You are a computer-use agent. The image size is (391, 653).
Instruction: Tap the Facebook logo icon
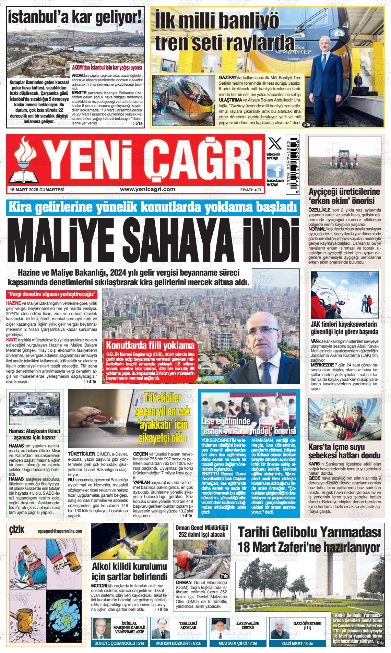[x=275, y=170]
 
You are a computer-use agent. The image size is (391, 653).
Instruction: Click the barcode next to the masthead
[x=293, y=161]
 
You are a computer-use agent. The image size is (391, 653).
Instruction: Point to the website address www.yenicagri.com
[x=148, y=189]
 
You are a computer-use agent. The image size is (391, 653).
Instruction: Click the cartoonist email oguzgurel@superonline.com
[x=60, y=531]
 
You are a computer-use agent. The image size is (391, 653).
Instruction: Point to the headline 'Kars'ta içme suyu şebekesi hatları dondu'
[x=344, y=451]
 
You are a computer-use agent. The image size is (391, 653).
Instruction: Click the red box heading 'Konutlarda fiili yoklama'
[x=150, y=345]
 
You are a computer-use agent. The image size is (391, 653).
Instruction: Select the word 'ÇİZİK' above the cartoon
[x=17, y=530]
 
